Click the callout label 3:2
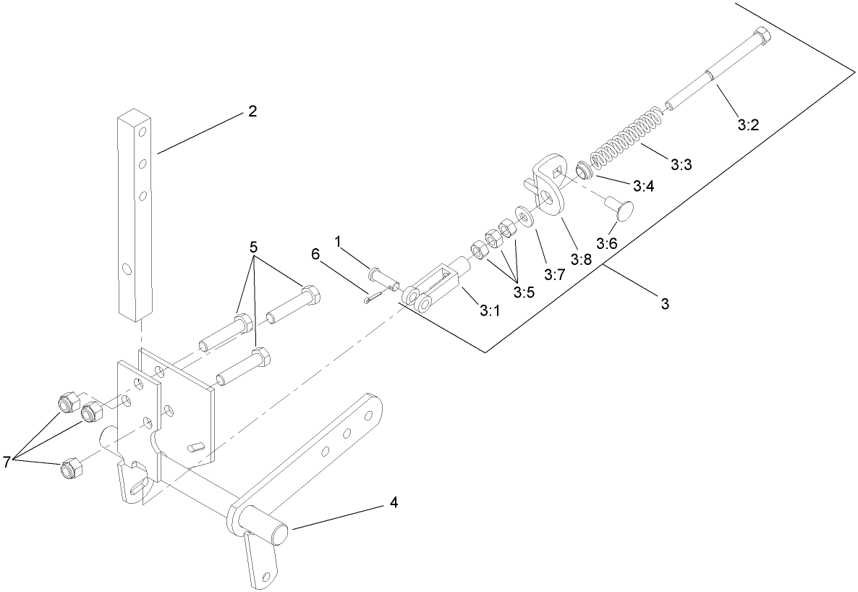point(748,125)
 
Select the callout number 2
point(252,111)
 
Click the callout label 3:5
point(524,292)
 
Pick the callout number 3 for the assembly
point(664,305)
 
